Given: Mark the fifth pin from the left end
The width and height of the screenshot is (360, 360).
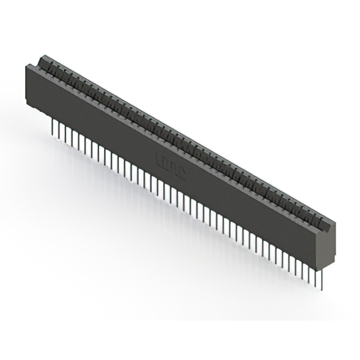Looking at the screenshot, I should click(73, 137).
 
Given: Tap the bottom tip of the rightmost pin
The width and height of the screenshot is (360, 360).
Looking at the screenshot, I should click(322, 290).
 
